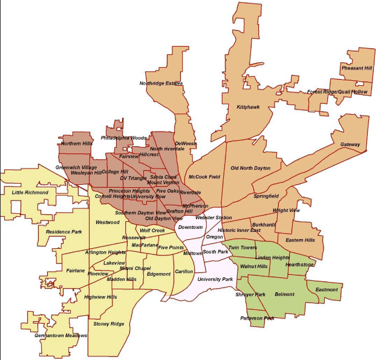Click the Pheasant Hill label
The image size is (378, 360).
pyautogui.click(x=356, y=68)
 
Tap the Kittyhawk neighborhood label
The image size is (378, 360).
pyautogui.click(x=248, y=107)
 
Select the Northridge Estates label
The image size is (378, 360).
pyautogui.click(x=161, y=83)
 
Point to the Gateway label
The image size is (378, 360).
pyautogui.click(x=350, y=145)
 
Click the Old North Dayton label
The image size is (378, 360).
pyautogui.click(x=250, y=168)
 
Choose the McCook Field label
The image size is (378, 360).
pyautogui.click(x=204, y=177)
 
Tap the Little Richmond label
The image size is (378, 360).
pyautogui.click(x=30, y=193)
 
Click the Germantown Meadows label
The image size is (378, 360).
pyautogui.click(x=61, y=335)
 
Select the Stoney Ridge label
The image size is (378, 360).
pyautogui.click(x=109, y=324)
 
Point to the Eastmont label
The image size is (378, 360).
pyautogui.click(x=327, y=290)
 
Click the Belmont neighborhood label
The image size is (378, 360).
pyautogui.click(x=284, y=294)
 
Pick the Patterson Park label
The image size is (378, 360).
pyautogui.click(x=257, y=318)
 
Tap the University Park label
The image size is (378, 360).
pyautogui.click(x=215, y=280)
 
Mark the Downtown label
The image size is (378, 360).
pyautogui.click(x=190, y=227)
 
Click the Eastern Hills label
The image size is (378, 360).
pyautogui.click(x=300, y=240)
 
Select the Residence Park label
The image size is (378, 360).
pyautogui.click(x=64, y=231)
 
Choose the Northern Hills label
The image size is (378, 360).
pyautogui.click(x=76, y=144)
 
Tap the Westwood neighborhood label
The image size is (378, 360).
pyautogui.click(x=108, y=222)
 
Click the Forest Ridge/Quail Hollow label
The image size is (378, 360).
pyautogui.click(x=337, y=92)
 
